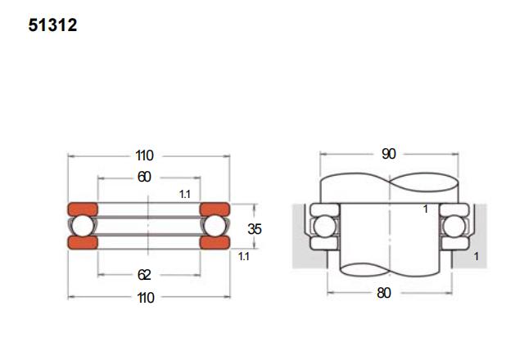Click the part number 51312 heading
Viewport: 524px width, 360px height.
[52, 26]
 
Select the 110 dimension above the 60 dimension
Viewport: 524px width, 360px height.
[145, 155]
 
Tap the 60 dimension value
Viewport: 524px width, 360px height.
[145, 177]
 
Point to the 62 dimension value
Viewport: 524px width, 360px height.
[145, 275]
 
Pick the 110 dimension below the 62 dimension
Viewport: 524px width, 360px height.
[145, 297]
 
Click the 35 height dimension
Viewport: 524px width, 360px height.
[255, 229]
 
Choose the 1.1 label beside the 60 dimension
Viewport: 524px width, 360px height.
[184, 194]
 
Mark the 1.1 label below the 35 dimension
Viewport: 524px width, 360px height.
[243, 257]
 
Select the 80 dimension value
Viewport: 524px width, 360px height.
[384, 292]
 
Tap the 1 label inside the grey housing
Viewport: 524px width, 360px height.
[476, 256]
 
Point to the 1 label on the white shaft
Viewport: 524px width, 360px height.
[426, 209]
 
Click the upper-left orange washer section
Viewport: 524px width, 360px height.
[82, 209]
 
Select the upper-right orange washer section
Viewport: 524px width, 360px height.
[214, 209]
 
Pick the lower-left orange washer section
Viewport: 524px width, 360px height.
[82, 242]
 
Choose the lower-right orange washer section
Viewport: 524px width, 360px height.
[214, 242]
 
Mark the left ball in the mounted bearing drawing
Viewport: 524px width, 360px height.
[322, 227]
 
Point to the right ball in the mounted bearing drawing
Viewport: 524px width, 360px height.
[452, 227]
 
